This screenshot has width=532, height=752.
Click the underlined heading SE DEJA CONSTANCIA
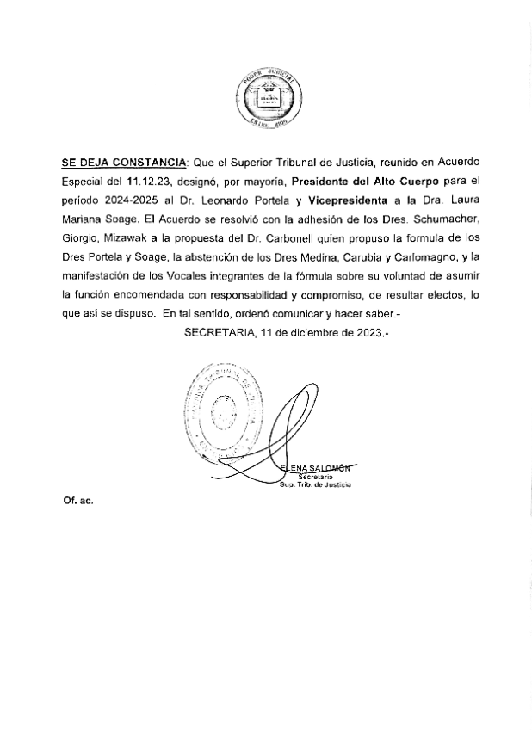[x=124, y=162]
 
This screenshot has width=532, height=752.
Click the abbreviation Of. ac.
[x=77, y=500]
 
